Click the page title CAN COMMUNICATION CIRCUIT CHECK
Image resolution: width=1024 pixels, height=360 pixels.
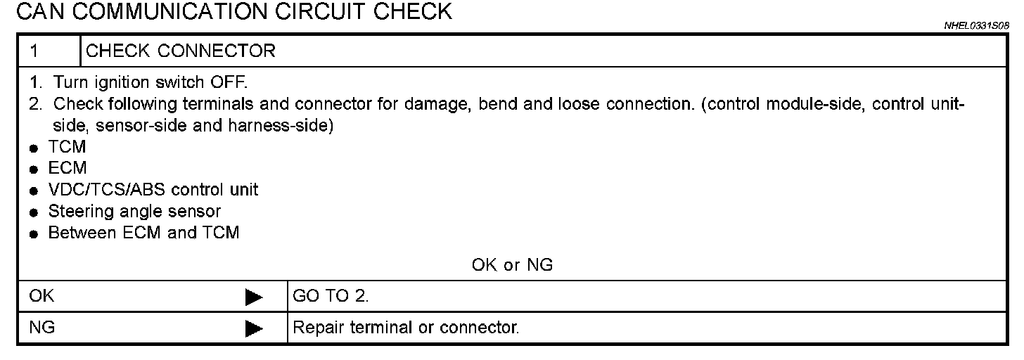tap(233, 12)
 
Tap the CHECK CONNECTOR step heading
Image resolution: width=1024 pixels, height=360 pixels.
tap(181, 51)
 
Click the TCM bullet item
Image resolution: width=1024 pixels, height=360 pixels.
tap(67, 148)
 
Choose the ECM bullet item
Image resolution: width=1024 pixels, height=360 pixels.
tap(68, 169)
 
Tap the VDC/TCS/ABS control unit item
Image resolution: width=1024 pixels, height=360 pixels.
tap(153, 190)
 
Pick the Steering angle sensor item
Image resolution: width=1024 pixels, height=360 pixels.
tap(134, 211)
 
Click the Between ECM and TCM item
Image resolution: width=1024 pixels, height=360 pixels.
tap(143, 233)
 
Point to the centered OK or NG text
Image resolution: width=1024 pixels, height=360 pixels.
tap(512, 265)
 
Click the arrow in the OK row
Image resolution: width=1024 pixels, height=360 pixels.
tap(254, 298)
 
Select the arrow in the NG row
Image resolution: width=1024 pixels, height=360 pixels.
tap(254, 328)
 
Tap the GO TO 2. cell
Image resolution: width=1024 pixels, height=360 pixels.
tap(331, 297)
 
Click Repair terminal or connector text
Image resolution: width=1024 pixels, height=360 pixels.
tap(406, 328)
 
